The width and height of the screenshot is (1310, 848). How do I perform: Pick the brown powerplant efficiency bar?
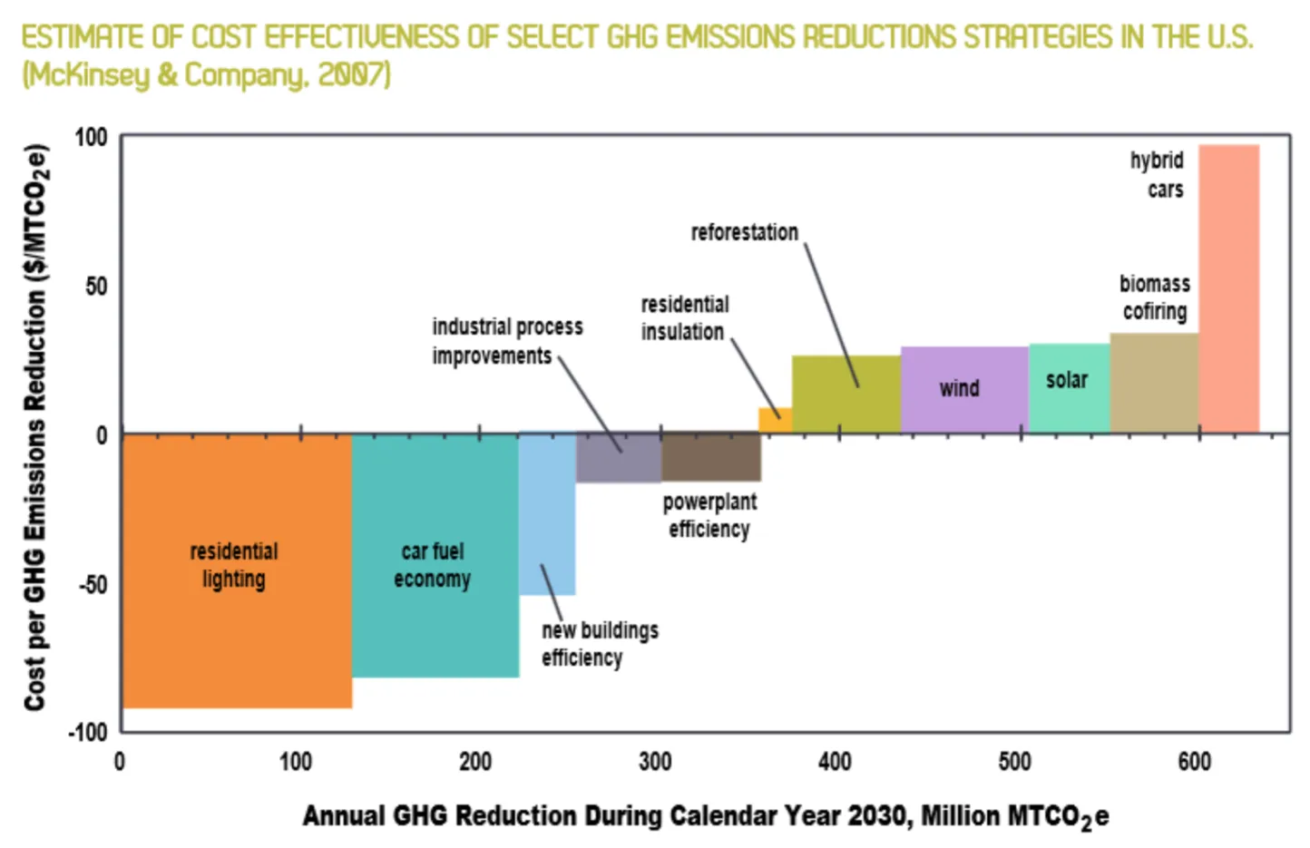click(x=710, y=457)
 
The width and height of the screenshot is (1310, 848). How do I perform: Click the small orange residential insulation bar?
click(x=775, y=420)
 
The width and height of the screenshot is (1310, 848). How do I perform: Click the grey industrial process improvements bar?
click(x=618, y=458)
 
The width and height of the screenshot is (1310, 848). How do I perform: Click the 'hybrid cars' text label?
click(x=1158, y=175)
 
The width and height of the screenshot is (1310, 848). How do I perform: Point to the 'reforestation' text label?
click(x=744, y=233)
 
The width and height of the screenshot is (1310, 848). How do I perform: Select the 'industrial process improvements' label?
click(x=506, y=341)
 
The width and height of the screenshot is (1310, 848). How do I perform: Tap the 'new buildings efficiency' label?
click(x=600, y=643)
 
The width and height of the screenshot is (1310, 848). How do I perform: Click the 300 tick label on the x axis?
click(x=655, y=761)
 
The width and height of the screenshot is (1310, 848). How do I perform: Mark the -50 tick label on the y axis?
click(x=93, y=584)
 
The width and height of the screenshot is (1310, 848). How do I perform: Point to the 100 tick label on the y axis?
click(x=91, y=138)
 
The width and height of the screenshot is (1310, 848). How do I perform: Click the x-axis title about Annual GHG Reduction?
click(x=705, y=816)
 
